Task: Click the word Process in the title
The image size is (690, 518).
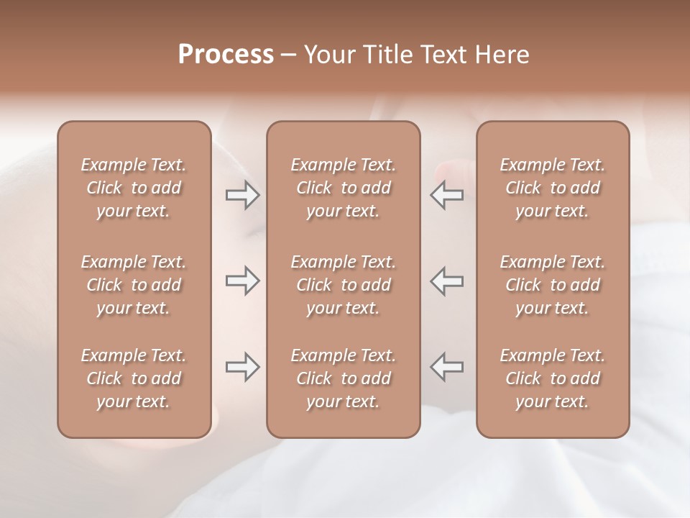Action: click(x=226, y=55)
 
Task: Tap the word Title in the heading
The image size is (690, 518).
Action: click(x=387, y=55)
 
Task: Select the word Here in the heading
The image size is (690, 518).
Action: click(x=503, y=55)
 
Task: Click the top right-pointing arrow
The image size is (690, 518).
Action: click(x=242, y=194)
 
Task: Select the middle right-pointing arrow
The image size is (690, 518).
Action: click(x=242, y=281)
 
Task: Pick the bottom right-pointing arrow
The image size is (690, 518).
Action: click(x=242, y=367)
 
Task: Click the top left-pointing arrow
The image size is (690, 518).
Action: click(x=446, y=194)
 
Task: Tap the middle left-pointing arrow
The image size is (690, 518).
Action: click(x=446, y=281)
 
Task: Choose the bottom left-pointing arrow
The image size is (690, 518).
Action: click(x=446, y=367)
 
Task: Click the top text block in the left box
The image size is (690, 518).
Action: click(x=134, y=188)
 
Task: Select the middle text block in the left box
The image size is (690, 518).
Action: click(x=134, y=285)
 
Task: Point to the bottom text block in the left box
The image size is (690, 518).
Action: click(x=134, y=378)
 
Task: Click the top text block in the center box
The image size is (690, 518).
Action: click(x=344, y=188)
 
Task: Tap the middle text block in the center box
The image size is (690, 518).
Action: click(x=344, y=285)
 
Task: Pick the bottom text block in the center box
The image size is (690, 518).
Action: click(x=344, y=378)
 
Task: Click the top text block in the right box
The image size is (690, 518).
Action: click(x=553, y=188)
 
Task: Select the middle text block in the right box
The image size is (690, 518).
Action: click(x=553, y=285)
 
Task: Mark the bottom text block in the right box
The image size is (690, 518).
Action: click(x=553, y=378)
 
